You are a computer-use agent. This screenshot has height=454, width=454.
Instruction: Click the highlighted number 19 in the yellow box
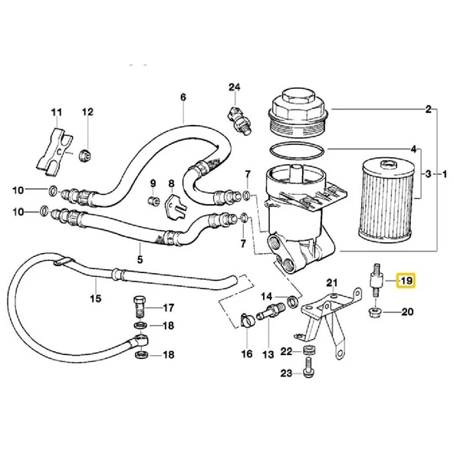[406, 281]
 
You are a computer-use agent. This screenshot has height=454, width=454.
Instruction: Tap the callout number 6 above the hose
[183, 97]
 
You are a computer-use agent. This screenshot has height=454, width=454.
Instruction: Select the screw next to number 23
[310, 371]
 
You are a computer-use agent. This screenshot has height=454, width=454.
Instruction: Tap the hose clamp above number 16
[245, 318]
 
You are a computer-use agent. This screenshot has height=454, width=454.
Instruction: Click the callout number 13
[269, 354]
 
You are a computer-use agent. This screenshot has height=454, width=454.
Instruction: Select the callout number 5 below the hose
[140, 258]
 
